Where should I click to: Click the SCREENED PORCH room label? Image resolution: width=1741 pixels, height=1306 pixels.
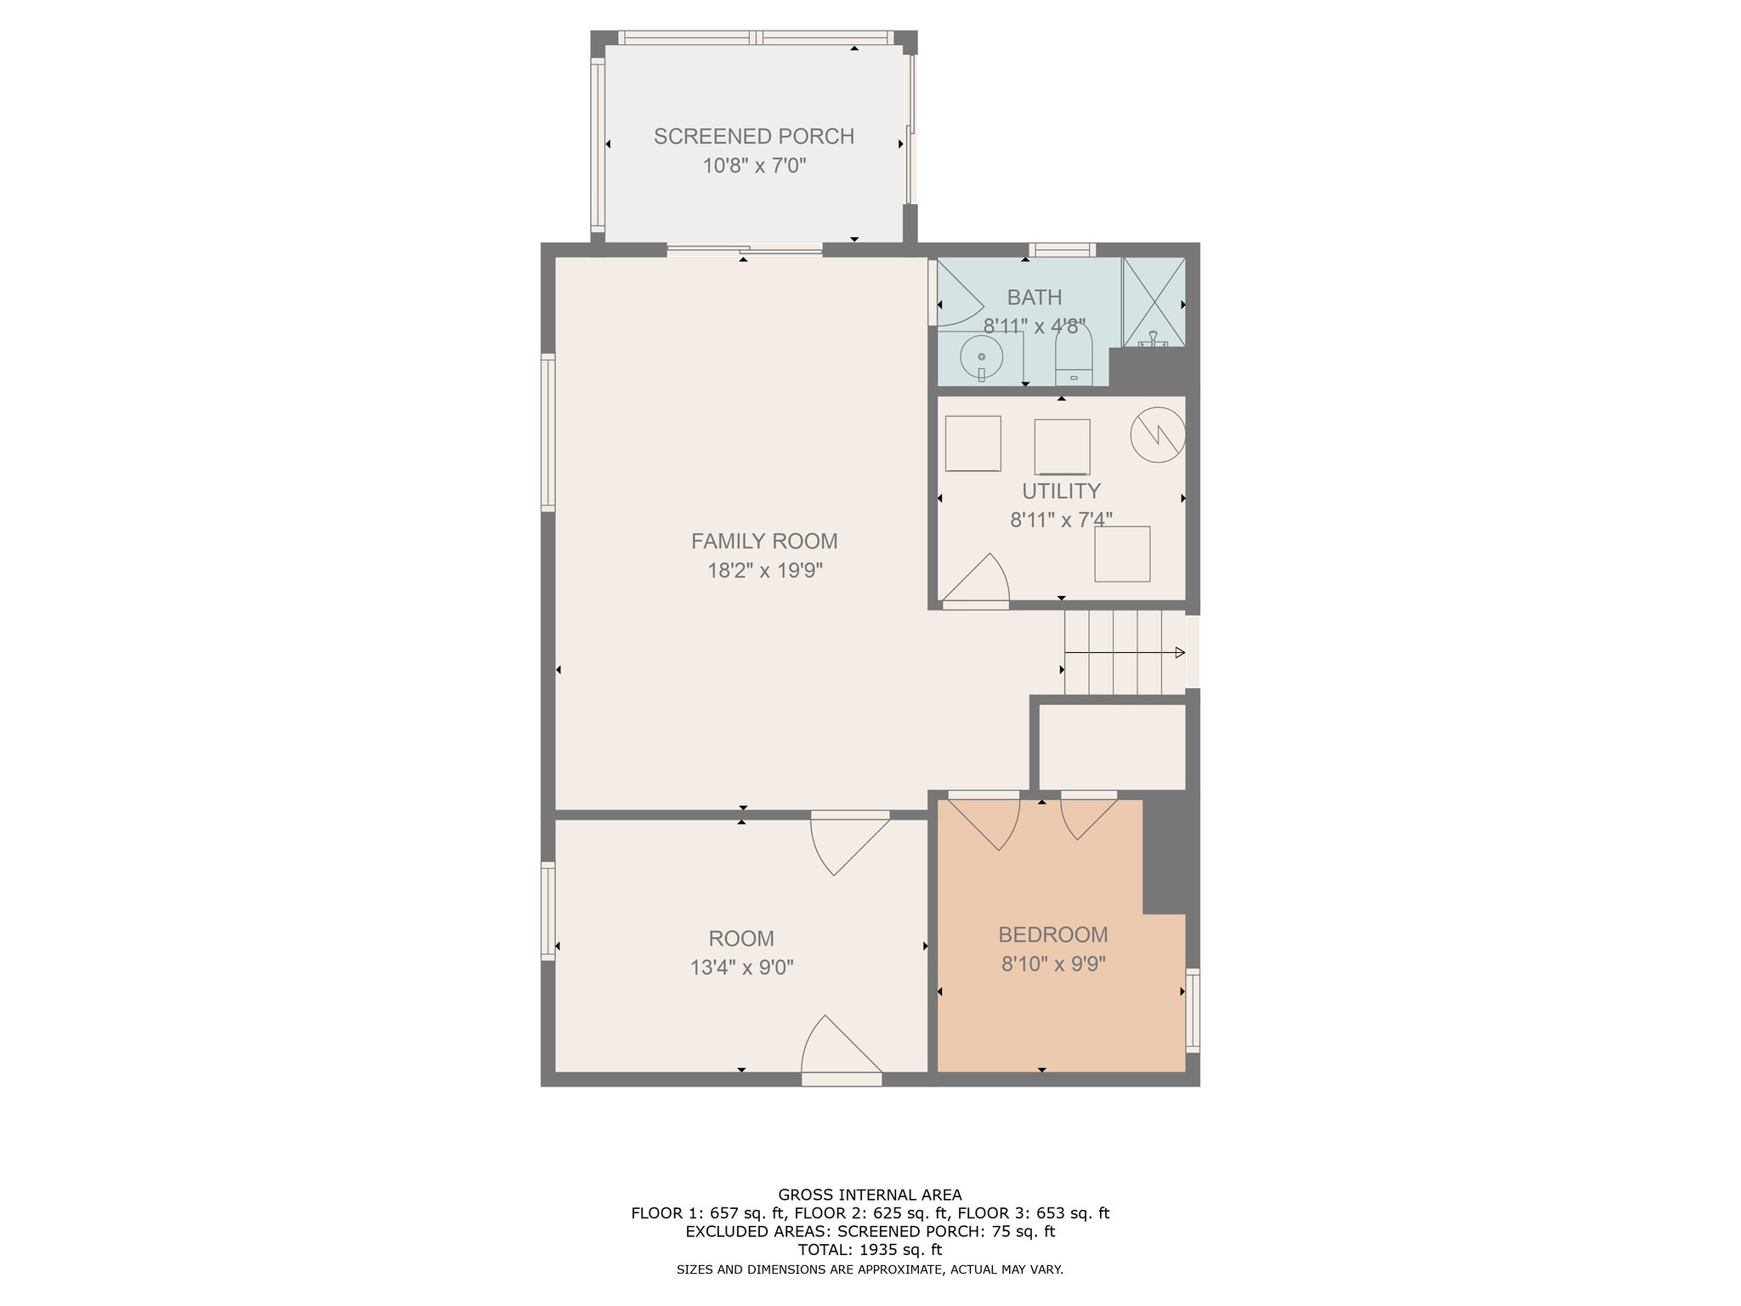(x=754, y=136)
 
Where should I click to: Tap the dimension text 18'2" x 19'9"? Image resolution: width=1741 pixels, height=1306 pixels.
(x=765, y=570)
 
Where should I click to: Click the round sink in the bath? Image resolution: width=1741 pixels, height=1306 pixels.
(x=982, y=356)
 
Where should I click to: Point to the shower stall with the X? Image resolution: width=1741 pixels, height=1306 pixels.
(x=1154, y=302)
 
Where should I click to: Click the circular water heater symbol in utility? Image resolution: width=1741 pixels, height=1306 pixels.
(x=1158, y=434)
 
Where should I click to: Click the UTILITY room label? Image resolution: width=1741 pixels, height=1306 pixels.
(x=1061, y=491)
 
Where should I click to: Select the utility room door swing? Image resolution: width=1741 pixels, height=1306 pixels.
(x=976, y=581)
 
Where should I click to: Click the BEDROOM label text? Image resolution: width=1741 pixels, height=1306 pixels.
(x=1053, y=934)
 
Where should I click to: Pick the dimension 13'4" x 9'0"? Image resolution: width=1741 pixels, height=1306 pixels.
(x=742, y=967)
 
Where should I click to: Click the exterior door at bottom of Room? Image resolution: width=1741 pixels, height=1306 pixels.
(x=842, y=1051)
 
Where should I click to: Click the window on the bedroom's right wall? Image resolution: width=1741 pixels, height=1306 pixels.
(x=1193, y=1011)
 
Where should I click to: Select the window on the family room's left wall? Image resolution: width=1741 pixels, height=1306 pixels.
(x=548, y=433)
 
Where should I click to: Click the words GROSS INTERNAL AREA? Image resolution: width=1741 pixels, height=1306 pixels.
(x=870, y=1195)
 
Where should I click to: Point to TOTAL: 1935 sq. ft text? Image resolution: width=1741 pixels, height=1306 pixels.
(x=870, y=1250)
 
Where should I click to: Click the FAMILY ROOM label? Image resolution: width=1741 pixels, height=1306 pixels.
(x=764, y=541)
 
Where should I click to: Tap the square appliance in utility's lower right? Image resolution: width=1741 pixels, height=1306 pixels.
(x=1122, y=554)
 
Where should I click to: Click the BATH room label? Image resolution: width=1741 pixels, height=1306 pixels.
(x=1035, y=298)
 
